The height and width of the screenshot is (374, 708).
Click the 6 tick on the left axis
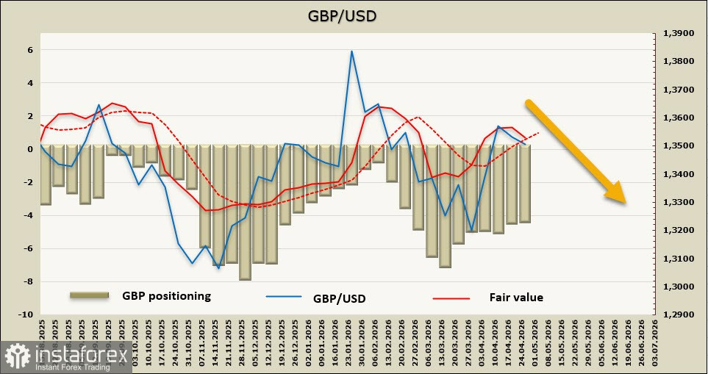pyautogui.click(x=29, y=50)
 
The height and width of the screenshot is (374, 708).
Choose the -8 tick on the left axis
pyautogui.click(x=27, y=281)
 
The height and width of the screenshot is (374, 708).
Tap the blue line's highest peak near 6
pyautogui.click(x=351, y=51)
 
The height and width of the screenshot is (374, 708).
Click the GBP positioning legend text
pyautogui.click(x=166, y=296)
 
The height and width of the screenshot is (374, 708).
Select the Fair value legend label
pyautogui.click(x=516, y=298)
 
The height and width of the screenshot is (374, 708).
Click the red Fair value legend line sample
pyautogui.click(x=451, y=298)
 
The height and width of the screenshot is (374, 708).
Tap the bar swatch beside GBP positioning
pyautogui.click(x=90, y=295)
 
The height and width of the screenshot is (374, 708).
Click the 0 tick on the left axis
pyautogui.click(x=29, y=149)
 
